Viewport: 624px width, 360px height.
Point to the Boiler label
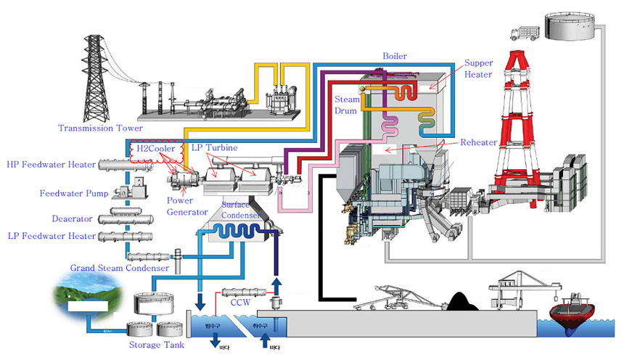pos(395,56)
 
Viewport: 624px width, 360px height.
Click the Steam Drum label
pos(346,104)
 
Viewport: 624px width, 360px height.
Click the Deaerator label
pos(73,218)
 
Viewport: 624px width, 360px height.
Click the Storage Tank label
pos(156,345)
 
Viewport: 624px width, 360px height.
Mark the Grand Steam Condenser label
pos(120,268)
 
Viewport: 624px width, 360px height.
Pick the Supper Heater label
pos(478,69)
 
